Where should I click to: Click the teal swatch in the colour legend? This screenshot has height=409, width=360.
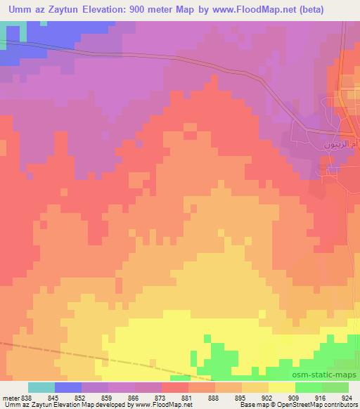[41, 387]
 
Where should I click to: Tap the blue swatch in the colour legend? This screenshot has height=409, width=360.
[68, 387]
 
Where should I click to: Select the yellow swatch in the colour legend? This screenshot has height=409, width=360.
[281, 387]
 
